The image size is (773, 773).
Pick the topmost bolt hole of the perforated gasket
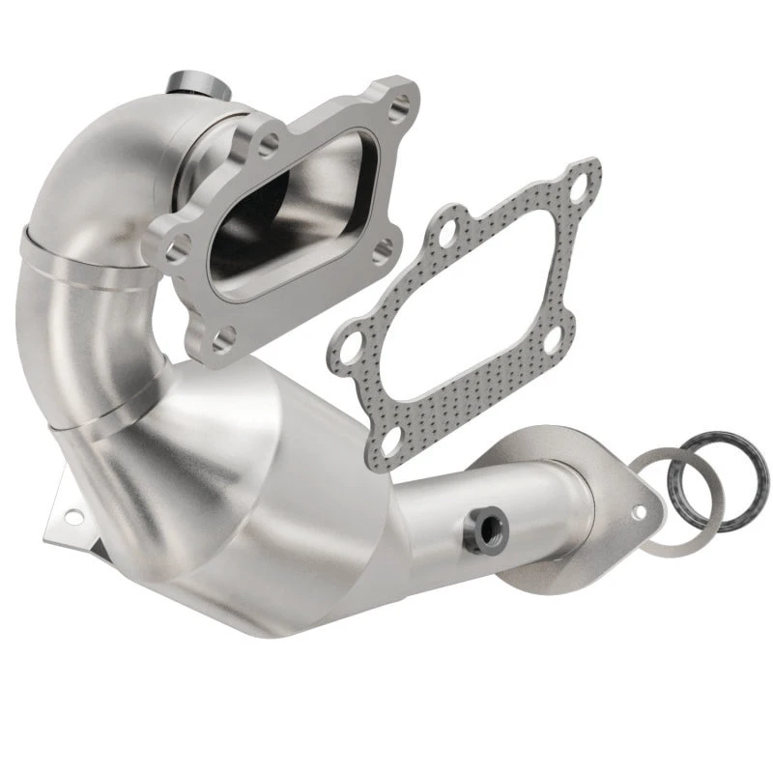click(577, 185)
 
